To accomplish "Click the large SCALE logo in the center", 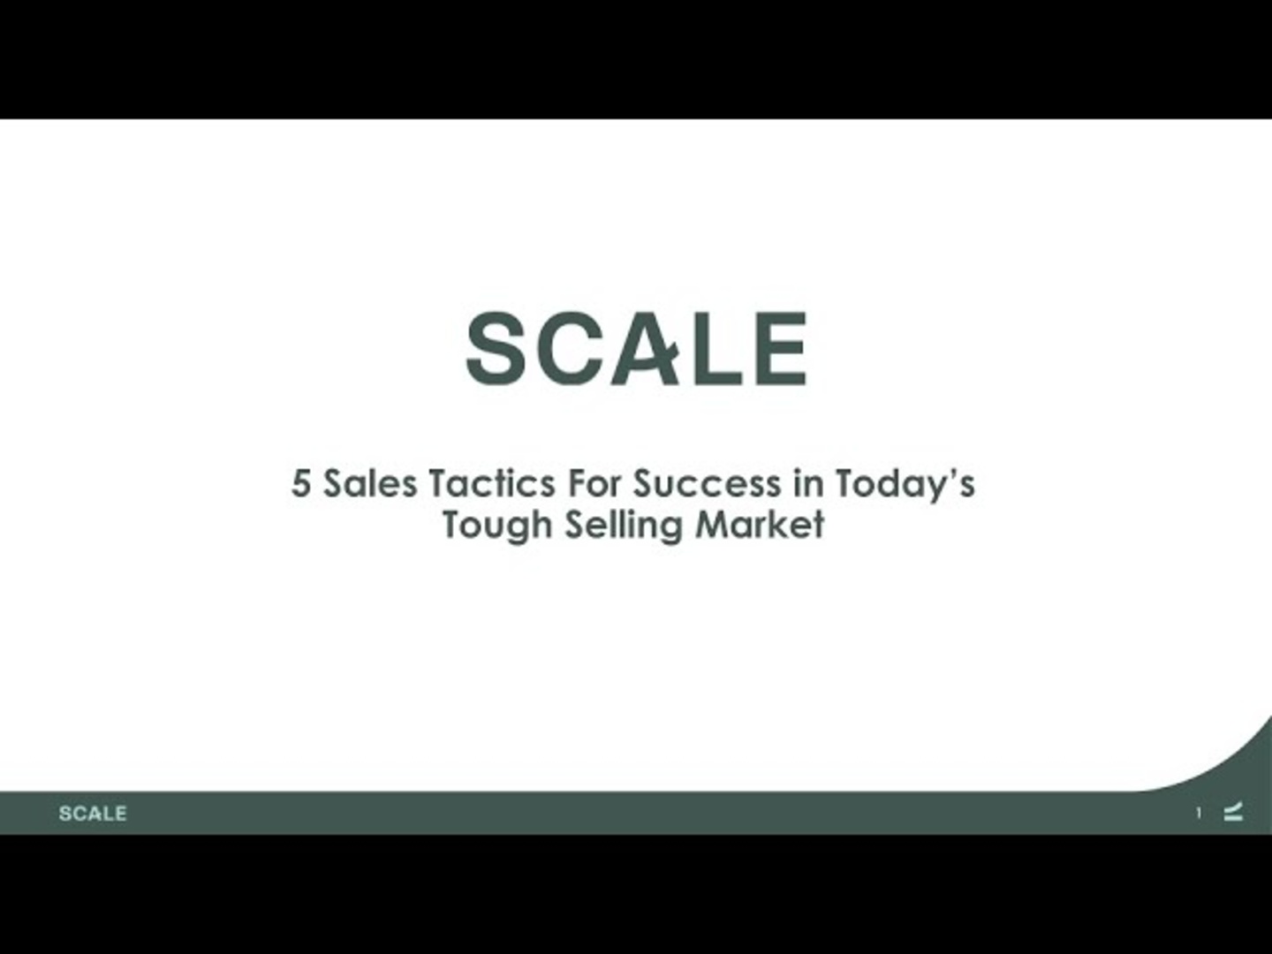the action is pos(636,348).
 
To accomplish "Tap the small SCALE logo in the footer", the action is pos(93,814).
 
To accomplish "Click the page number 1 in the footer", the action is pos(1199,814).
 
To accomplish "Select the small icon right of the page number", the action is pos(1233,812).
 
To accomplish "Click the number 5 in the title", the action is pos(300,483).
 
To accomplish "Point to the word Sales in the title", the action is pos(370,483).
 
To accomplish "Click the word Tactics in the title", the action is pos(492,483).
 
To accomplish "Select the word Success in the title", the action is pos(707,483).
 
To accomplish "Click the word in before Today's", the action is pos(809,483).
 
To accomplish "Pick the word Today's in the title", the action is pos(905,486).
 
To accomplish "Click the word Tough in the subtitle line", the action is pos(497,526).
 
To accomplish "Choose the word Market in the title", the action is pos(760,524).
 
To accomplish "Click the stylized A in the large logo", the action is pos(645,348).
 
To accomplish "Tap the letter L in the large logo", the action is pos(718,348).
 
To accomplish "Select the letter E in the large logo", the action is pos(781,348).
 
